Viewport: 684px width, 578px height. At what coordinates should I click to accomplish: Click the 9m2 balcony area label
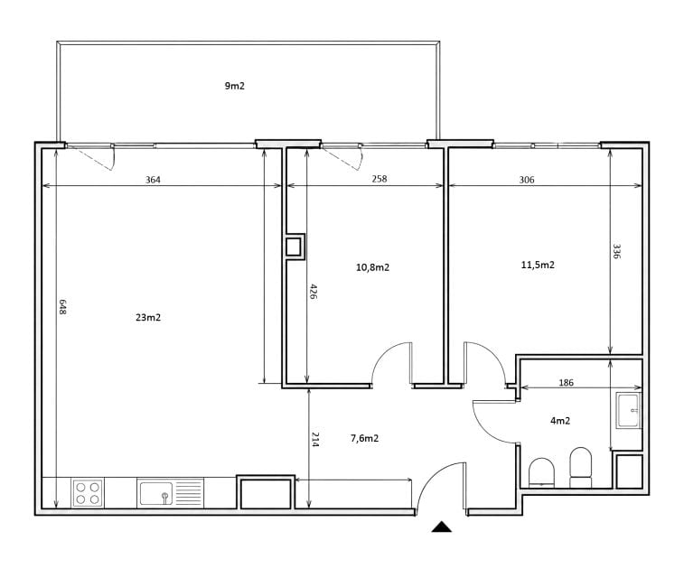pyautogui.click(x=235, y=86)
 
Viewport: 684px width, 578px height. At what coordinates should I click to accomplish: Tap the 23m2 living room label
pyautogui.click(x=148, y=317)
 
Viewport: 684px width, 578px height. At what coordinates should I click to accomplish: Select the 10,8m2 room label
pyautogui.click(x=372, y=267)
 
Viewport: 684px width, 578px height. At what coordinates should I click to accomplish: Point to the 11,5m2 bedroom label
pyautogui.click(x=538, y=265)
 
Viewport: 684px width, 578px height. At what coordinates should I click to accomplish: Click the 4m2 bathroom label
pyautogui.click(x=560, y=421)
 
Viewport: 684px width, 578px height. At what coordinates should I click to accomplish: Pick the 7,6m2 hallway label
pyautogui.click(x=365, y=438)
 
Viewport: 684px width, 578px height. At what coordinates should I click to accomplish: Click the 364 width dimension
pyautogui.click(x=153, y=180)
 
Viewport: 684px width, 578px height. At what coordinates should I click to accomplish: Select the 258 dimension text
pyautogui.click(x=379, y=179)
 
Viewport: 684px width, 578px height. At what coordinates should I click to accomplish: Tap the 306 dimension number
pyautogui.click(x=527, y=180)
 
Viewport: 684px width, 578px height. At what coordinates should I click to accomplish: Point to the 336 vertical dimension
pyautogui.click(x=616, y=251)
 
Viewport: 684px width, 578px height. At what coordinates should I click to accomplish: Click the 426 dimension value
pyautogui.click(x=314, y=291)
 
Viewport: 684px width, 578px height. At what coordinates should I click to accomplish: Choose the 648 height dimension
pyautogui.click(x=62, y=307)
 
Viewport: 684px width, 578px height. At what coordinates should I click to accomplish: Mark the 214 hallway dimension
pyautogui.click(x=315, y=440)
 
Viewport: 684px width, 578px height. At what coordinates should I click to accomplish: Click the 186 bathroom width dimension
pyautogui.click(x=567, y=383)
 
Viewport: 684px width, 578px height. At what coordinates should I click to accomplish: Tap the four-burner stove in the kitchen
pyautogui.click(x=88, y=493)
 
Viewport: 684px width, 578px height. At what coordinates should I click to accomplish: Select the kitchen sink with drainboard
pyautogui.click(x=170, y=493)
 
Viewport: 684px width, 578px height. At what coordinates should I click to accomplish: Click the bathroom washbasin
pyautogui.click(x=628, y=410)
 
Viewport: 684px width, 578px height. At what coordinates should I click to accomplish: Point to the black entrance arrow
pyautogui.click(x=442, y=527)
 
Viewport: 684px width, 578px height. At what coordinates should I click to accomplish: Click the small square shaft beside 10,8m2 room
pyautogui.click(x=294, y=247)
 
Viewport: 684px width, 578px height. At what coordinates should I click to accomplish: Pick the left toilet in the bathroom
pyautogui.click(x=541, y=472)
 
